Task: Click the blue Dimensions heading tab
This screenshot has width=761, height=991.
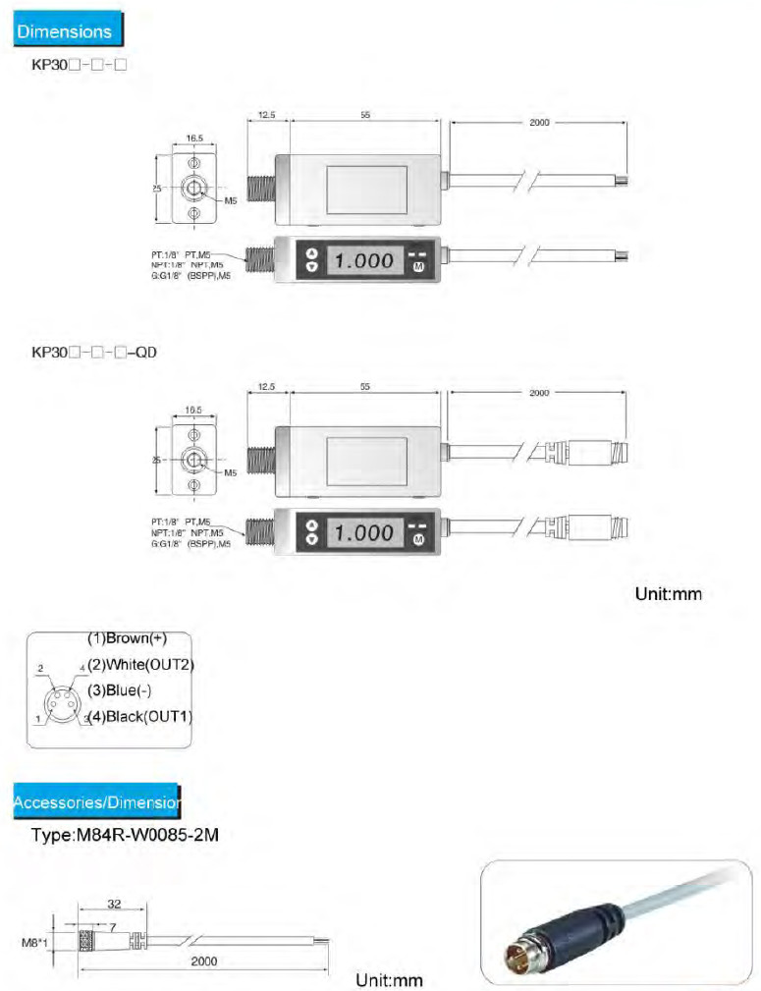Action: [65, 30]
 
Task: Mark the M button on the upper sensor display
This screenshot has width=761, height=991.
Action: [419, 267]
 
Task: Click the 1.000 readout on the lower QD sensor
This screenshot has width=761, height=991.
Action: [363, 533]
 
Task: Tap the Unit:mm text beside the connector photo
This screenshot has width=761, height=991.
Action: [388, 979]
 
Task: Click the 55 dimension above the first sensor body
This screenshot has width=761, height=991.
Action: [365, 115]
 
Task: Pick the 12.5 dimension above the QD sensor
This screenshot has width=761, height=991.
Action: [266, 388]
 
